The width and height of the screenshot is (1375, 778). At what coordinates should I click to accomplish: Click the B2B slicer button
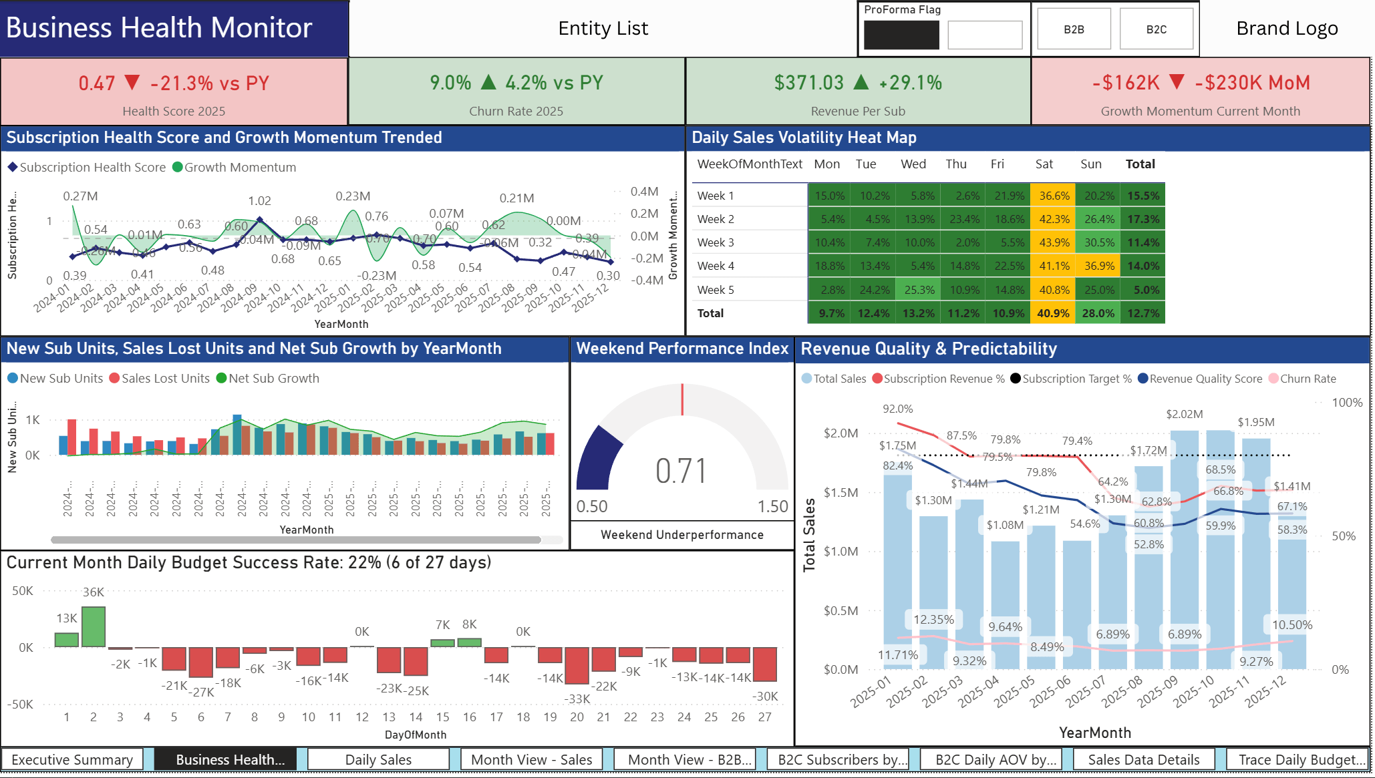[x=1074, y=29]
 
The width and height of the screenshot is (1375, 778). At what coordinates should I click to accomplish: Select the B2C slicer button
[x=1156, y=29]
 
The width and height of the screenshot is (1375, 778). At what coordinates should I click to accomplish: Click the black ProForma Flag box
[x=901, y=35]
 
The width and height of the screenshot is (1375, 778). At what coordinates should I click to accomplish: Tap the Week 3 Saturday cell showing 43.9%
[x=1054, y=243]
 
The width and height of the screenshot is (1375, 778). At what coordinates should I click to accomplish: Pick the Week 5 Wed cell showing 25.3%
[x=919, y=290]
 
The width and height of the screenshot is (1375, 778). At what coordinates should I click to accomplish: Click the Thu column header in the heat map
[x=955, y=164]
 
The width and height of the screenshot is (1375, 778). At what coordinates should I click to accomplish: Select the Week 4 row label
[x=716, y=266]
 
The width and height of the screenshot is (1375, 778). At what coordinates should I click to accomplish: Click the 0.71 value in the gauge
[x=680, y=471]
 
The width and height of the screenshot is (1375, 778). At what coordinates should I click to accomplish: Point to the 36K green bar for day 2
[x=94, y=626]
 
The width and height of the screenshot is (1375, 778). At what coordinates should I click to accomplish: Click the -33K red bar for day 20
[x=577, y=666]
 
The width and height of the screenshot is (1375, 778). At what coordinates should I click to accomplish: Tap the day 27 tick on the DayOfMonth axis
[x=764, y=717]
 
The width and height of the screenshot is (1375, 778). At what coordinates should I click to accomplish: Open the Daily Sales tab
[x=378, y=760]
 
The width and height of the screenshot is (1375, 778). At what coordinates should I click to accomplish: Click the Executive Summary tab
[x=72, y=760]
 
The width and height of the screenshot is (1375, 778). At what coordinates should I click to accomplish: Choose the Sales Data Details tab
[x=1143, y=760]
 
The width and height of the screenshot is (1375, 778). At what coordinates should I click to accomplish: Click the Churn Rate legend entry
[x=1307, y=379]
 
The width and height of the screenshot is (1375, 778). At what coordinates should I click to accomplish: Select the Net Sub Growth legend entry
[x=273, y=379]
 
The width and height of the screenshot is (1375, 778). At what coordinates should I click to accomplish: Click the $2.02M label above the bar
[x=1184, y=414]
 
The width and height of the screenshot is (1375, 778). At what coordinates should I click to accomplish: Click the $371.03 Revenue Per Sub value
[x=808, y=83]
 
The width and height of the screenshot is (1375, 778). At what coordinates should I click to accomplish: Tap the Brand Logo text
[x=1286, y=29]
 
